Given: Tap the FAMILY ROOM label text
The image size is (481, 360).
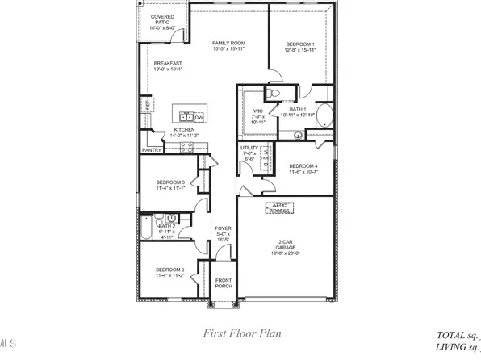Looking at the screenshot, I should tap(228, 47).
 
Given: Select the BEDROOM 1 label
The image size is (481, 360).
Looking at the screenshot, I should tap(300, 47).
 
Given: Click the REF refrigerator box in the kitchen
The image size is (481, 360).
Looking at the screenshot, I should tap(148, 105).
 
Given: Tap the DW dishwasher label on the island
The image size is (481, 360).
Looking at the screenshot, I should tap(199, 118).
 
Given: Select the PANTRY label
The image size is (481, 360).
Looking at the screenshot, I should tap(152, 149).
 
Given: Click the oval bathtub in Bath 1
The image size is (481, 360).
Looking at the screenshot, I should tap(324, 115).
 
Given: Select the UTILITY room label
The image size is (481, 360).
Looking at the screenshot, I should tap(249, 152).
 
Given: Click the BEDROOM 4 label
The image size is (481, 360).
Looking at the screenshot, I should tap(304, 167).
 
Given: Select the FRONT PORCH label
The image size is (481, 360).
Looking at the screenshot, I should tap(224, 283).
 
